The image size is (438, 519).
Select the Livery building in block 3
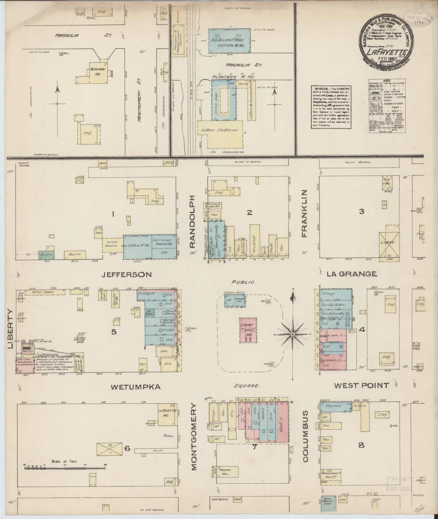click(x=387, y=243)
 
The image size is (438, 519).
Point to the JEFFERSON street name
click(x=127, y=275)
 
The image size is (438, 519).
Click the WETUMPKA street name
click(x=136, y=387)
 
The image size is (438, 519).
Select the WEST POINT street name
click(x=361, y=385)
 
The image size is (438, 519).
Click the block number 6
click(x=127, y=449)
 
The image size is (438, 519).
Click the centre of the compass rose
click(x=293, y=335)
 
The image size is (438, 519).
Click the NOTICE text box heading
click(x=320, y=89)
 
